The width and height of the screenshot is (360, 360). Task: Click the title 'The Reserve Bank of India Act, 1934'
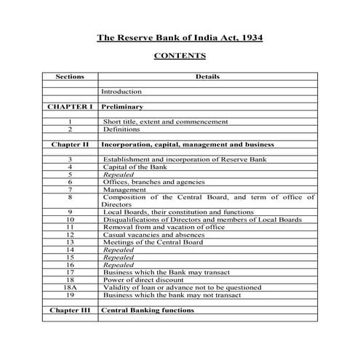(x=180, y=38)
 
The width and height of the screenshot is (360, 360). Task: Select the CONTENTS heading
(x=180, y=56)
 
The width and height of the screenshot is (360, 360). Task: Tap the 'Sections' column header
(x=70, y=76)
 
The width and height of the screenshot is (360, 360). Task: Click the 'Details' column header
(x=207, y=76)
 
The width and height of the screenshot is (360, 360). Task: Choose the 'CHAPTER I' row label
(x=70, y=107)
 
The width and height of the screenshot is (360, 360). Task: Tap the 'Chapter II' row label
(x=70, y=144)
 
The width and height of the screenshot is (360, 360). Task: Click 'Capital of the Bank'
(x=135, y=167)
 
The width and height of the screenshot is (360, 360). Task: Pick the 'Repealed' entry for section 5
(x=118, y=175)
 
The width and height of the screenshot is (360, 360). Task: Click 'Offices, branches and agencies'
(x=153, y=182)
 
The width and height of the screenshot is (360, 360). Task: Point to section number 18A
(x=70, y=287)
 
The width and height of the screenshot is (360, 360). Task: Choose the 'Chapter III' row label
(x=70, y=310)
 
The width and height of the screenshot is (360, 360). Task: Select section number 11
(x=70, y=227)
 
